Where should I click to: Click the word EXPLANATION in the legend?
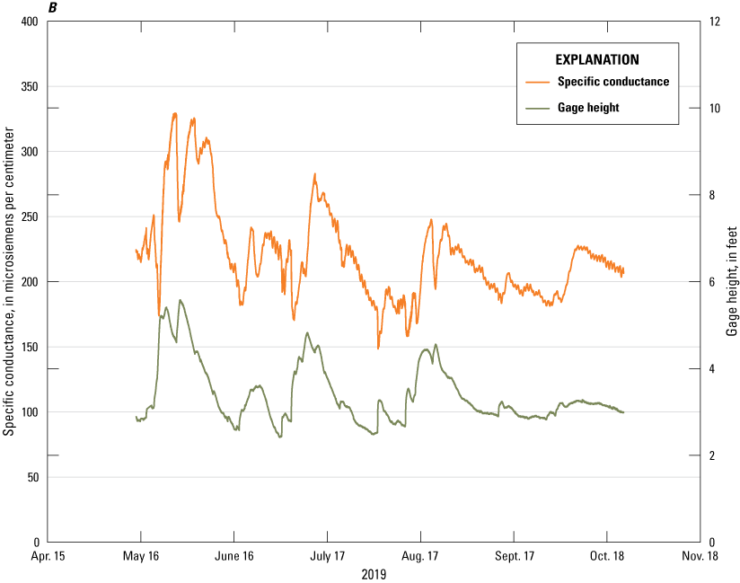click(x=597, y=60)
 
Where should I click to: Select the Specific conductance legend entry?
click(x=612, y=82)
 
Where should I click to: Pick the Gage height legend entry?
click(x=587, y=108)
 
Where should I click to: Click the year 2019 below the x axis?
click(x=374, y=573)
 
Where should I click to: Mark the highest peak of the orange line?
click(x=175, y=113)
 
